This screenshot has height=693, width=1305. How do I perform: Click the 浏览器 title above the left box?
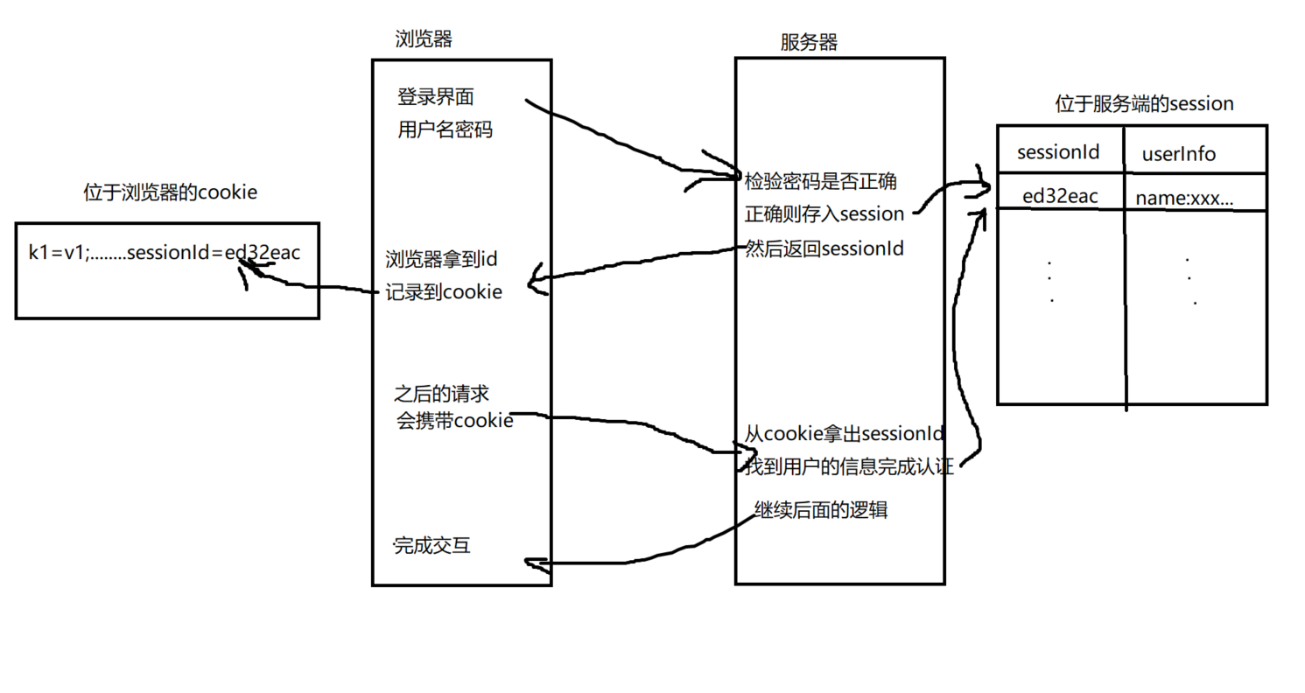click(x=424, y=39)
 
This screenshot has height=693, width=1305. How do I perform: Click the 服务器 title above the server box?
click(x=808, y=42)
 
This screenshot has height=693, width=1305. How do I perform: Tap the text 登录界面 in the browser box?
click(x=436, y=96)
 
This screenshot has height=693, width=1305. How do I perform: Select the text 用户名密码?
click(x=445, y=130)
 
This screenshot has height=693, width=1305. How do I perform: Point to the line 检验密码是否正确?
click(x=820, y=182)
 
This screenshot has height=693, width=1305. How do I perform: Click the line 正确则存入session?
click(x=824, y=214)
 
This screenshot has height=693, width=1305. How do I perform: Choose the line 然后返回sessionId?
click(x=824, y=248)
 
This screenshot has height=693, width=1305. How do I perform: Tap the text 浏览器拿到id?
click(x=441, y=260)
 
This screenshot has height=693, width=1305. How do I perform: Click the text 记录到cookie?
click(x=444, y=292)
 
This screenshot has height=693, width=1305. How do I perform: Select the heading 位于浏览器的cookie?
click(x=171, y=192)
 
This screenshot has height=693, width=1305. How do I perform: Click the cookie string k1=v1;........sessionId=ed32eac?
click(x=165, y=254)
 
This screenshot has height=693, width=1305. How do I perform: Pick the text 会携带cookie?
click(x=454, y=421)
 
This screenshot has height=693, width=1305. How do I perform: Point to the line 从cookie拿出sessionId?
click(x=844, y=433)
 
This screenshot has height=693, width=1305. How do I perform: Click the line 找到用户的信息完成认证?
click(x=848, y=465)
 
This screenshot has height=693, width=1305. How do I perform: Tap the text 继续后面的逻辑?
click(x=820, y=510)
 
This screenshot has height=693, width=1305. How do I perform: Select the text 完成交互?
click(x=431, y=546)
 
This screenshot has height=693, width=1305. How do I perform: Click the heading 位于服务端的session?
click(x=1144, y=104)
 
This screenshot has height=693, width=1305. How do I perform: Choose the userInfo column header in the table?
click(x=1178, y=154)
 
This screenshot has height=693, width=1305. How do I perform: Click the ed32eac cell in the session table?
click(x=1060, y=197)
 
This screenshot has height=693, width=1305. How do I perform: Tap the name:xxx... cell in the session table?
click(x=1184, y=199)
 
